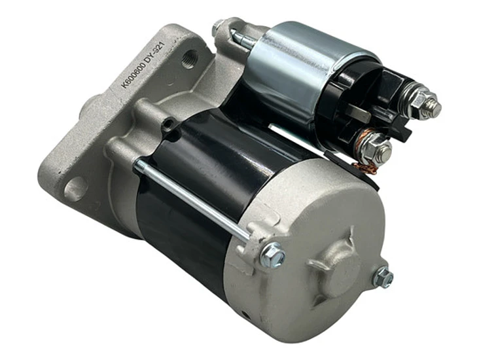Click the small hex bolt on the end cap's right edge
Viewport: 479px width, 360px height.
(383, 277)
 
